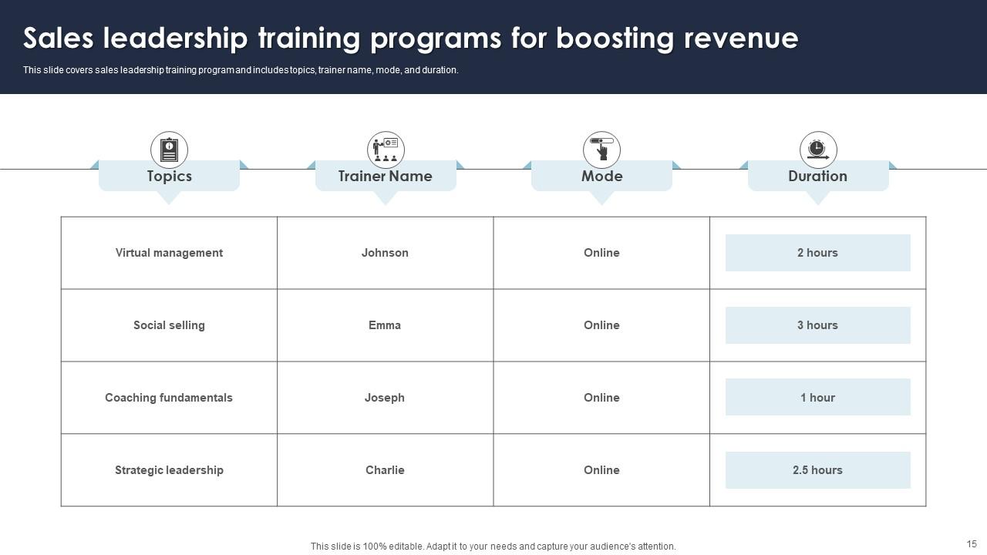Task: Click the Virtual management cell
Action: click(169, 253)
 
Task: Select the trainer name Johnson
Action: click(385, 253)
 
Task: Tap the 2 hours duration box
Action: click(817, 253)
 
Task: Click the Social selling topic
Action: click(169, 325)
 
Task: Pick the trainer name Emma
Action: click(385, 325)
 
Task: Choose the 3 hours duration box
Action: click(817, 325)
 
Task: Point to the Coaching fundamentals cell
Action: click(169, 398)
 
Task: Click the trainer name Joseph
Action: click(385, 398)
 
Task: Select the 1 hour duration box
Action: click(817, 398)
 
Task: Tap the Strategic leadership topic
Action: click(169, 470)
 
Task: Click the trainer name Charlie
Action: click(385, 470)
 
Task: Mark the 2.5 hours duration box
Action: click(817, 470)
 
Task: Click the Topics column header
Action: click(169, 177)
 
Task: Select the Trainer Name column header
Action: click(385, 177)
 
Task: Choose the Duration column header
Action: click(817, 177)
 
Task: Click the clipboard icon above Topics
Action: click(169, 150)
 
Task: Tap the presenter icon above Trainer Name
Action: click(386, 150)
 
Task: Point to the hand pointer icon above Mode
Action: click(601, 150)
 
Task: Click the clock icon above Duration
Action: click(818, 150)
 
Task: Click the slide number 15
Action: click(972, 543)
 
